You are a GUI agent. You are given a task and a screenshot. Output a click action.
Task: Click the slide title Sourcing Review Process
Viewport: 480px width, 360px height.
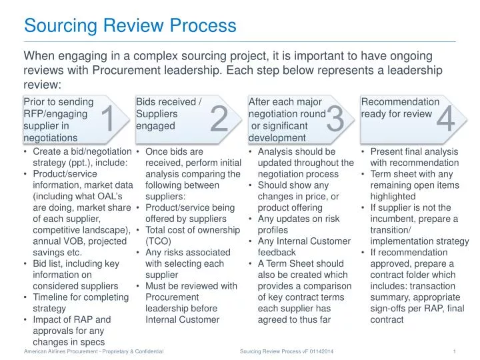[130, 26]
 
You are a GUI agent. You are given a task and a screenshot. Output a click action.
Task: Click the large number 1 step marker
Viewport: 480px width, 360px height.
[107, 120]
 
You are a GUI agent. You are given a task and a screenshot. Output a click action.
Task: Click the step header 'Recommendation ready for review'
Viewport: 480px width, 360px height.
[400, 108]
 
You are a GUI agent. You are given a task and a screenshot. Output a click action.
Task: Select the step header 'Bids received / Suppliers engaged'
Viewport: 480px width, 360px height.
[169, 114]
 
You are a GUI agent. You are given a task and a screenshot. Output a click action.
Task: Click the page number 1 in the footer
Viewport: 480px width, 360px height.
[453, 351]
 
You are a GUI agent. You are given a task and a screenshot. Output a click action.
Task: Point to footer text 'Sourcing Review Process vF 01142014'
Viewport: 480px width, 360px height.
[287, 351]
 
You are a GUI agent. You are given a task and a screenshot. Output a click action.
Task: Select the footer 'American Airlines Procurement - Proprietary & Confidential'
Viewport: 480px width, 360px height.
[93, 351]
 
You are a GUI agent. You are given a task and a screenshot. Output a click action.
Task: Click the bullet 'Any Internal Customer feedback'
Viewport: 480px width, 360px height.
[300, 247]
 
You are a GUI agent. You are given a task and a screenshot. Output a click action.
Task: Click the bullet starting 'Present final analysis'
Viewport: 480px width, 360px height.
[414, 157]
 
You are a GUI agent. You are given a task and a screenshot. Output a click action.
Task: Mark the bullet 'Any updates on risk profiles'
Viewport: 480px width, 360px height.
[298, 224]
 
